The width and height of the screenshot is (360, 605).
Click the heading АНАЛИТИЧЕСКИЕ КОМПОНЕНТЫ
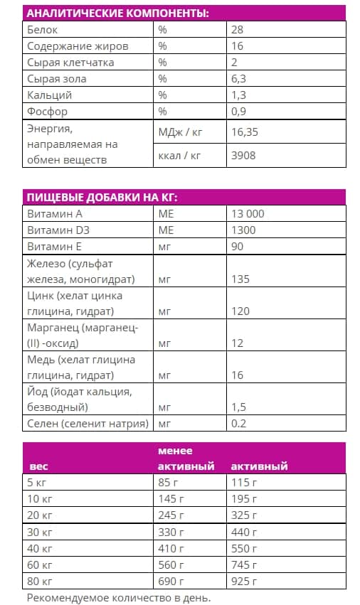[118, 14]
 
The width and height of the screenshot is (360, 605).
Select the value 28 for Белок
[238, 30]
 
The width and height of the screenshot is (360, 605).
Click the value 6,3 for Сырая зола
[239, 79]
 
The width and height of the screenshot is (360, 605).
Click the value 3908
[243, 155]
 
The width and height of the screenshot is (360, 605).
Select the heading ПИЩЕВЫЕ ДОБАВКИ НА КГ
[101, 197]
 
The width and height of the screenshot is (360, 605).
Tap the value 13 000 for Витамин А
[248, 213]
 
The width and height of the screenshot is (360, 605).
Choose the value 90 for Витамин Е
[238, 246]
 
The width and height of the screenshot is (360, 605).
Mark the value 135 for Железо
[240, 279]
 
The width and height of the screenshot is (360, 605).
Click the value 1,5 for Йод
[239, 407]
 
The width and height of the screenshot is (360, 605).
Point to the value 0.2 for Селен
[239, 424]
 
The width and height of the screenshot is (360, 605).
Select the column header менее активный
[186, 459]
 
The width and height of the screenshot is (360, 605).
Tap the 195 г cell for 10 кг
[244, 499]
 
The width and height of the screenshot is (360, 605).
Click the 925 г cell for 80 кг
[244, 581]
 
